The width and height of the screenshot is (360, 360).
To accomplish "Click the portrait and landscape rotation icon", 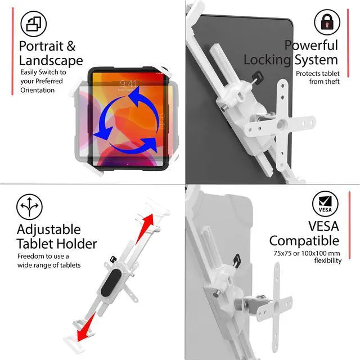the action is pos(34,24).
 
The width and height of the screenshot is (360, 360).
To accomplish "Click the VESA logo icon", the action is pos(326,204).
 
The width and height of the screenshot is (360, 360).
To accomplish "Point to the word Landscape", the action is pos(51,61).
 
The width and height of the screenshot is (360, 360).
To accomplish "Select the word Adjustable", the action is pos(48,229).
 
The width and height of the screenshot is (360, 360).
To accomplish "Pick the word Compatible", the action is pos(304,241).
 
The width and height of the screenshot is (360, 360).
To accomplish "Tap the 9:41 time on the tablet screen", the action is pos(128,84).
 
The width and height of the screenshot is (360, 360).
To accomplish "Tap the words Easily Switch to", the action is pos(43,72).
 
